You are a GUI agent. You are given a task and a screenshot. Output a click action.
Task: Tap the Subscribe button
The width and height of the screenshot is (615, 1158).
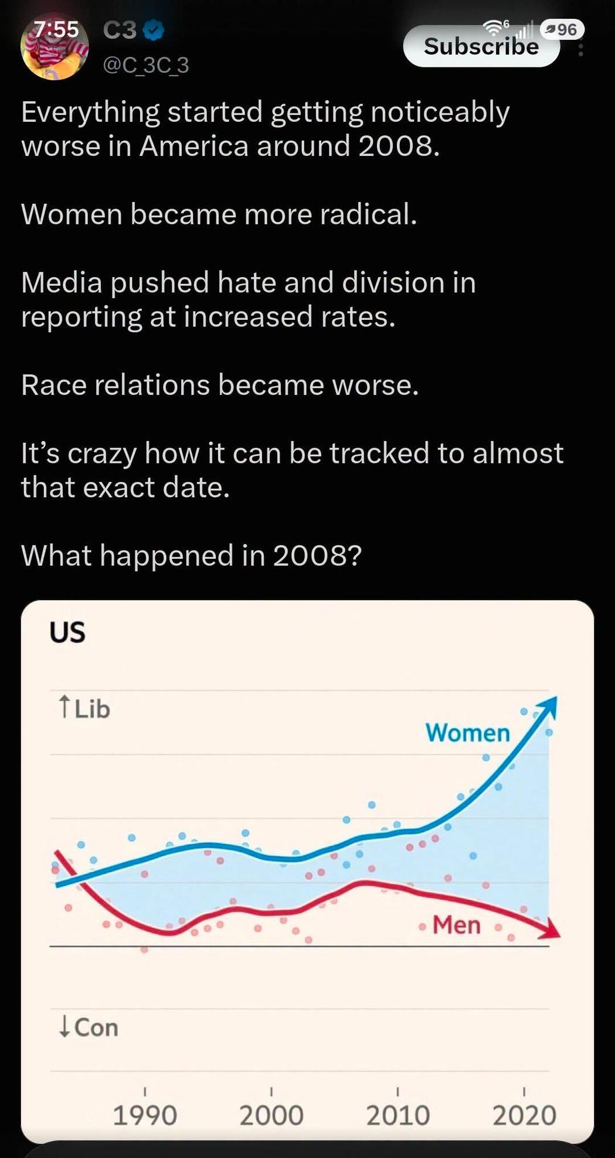[x=481, y=46]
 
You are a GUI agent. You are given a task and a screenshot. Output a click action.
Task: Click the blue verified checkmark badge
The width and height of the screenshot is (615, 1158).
[x=153, y=30]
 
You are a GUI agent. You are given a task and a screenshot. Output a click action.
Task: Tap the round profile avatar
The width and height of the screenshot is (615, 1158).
[x=55, y=46]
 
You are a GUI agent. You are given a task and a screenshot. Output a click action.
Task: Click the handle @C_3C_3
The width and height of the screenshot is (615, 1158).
[x=146, y=65]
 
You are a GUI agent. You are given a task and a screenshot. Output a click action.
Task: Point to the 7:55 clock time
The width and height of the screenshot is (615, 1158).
[x=55, y=29]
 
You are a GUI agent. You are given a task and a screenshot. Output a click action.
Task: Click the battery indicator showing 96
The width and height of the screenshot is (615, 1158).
[x=562, y=29]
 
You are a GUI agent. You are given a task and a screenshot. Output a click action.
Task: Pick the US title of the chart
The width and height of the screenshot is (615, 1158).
[x=67, y=633]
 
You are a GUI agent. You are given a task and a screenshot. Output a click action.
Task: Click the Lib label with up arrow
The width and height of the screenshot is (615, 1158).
[x=84, y=709]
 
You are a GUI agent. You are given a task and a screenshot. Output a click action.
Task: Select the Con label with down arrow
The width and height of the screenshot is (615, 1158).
[x=88, y=1027]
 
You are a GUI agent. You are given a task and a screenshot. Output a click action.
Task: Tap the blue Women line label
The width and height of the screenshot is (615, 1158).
[x=468, y=733]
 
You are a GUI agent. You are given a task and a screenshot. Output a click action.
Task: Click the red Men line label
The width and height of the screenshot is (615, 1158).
[x=457, y=925]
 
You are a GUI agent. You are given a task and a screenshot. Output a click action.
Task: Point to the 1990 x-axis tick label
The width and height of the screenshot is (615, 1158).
[x=145, y=1115]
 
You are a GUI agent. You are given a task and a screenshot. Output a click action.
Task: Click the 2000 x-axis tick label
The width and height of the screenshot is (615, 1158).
[x=271, y=1115]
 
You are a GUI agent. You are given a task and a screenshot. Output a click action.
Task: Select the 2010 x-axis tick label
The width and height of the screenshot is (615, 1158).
[x=398, y=1115]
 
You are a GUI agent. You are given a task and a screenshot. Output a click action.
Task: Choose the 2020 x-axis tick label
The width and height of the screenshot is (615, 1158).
[x=524, y=1115]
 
